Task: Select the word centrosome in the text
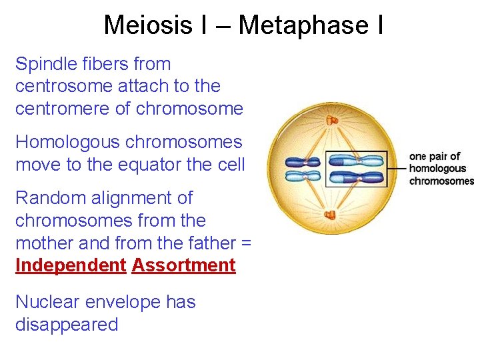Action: pyautogui.click(x=62, y=86)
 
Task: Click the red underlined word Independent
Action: pyautogui.click(x=71, y=265)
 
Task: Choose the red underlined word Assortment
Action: pyautogui.click(x=184, y=265)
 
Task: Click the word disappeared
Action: pyautogui.click(x=67, y=325)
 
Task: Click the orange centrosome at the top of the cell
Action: pyautogui.click(x=331, y=120)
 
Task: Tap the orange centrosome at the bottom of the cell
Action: pyautogui.click(x=329, y=215)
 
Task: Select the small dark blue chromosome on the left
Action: pyautogui.click(x=303, y=162)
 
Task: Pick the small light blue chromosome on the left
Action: pyautogui.click(x=303, y=176)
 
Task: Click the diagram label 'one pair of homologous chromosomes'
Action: pyautogui.click(x=441, y=169)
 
